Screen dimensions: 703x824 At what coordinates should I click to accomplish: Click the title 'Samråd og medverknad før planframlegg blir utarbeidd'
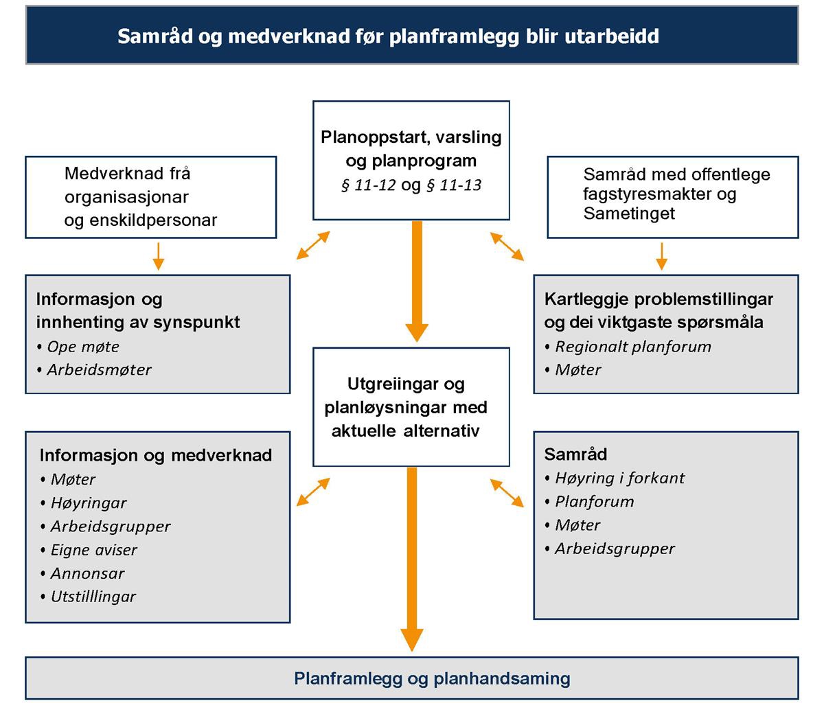tap(388, 36)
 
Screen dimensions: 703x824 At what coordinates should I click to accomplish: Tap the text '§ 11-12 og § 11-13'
tap(411, 185)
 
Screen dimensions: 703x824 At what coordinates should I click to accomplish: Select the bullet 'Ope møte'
tap(82, 347)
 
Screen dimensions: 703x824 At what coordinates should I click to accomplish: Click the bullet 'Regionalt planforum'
tap(632, 347)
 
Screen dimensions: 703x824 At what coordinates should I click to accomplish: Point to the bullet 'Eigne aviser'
tap(93, 550)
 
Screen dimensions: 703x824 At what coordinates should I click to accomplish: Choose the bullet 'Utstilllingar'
tap(93, 597)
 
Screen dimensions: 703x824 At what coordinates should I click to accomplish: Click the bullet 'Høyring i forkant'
tap(619, 478)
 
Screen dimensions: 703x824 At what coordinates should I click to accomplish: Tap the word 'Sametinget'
tap(629, 214)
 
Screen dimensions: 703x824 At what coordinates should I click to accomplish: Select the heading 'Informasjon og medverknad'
tap(156, 455)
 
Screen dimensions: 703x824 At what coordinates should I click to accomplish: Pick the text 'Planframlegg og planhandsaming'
tap(432, 679)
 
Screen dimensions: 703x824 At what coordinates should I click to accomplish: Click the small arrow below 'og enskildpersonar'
tap(158, 255)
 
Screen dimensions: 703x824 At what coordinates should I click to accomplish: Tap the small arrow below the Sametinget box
tap(662, 255)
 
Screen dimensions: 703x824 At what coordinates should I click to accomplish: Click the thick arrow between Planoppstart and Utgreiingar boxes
tap(416, 281)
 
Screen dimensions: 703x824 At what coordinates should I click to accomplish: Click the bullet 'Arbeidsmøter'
tap(99, 369)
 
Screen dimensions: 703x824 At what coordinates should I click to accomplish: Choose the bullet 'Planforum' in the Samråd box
tap(594, 501)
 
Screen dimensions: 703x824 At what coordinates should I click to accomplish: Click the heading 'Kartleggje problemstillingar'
tap(659, 299)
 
